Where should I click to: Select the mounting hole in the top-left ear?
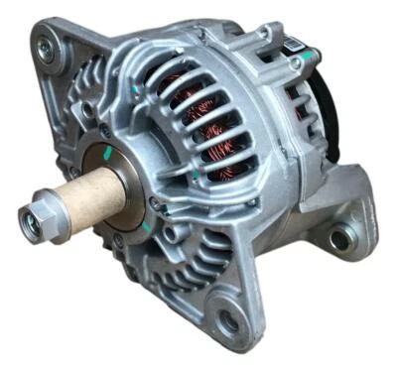click(x=45, y=43)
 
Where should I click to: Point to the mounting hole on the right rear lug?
click(x=340, y=238)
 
